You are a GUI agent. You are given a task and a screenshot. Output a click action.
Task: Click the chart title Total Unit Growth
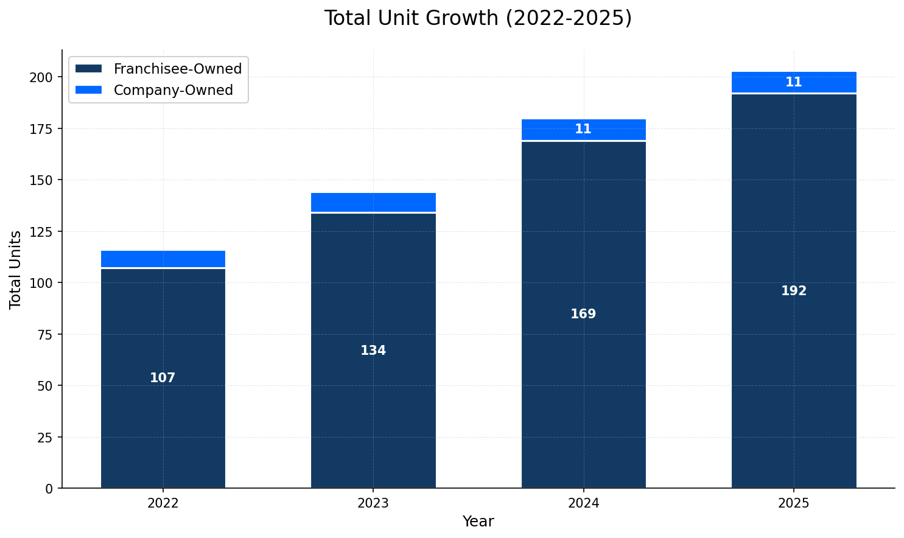click(478, 18)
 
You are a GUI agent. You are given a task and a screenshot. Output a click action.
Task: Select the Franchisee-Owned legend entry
click(177, 69)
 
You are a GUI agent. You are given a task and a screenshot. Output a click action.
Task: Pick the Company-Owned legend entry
click(173, 90)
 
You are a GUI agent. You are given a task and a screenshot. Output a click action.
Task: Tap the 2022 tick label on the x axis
click(163, 503)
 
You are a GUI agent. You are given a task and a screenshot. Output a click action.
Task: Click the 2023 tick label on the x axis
click(373, 503)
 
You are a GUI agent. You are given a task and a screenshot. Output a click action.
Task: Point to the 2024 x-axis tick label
click(583, 503)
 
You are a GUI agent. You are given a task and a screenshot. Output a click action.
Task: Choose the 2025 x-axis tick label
click(794, 503)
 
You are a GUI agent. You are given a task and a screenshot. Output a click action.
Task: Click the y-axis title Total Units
click(16, 269)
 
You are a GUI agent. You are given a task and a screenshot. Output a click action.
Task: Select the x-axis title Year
click(478, 522)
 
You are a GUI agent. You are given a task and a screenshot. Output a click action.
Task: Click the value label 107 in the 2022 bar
click(163, 378)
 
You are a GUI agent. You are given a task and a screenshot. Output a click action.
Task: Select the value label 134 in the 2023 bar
click(373, 351)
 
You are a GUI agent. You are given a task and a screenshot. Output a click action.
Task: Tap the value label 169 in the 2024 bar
click(583, 315)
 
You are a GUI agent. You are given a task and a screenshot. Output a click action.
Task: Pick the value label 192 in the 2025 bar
click(794, 291)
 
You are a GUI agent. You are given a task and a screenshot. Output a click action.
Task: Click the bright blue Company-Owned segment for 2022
click(163, 259)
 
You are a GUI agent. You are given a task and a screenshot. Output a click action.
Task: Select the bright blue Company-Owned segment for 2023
click(373, 202)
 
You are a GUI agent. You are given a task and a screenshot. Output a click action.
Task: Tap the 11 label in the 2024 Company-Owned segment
click(583, 129)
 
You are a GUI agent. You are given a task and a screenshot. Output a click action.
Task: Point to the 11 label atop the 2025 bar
click(794, 82)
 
